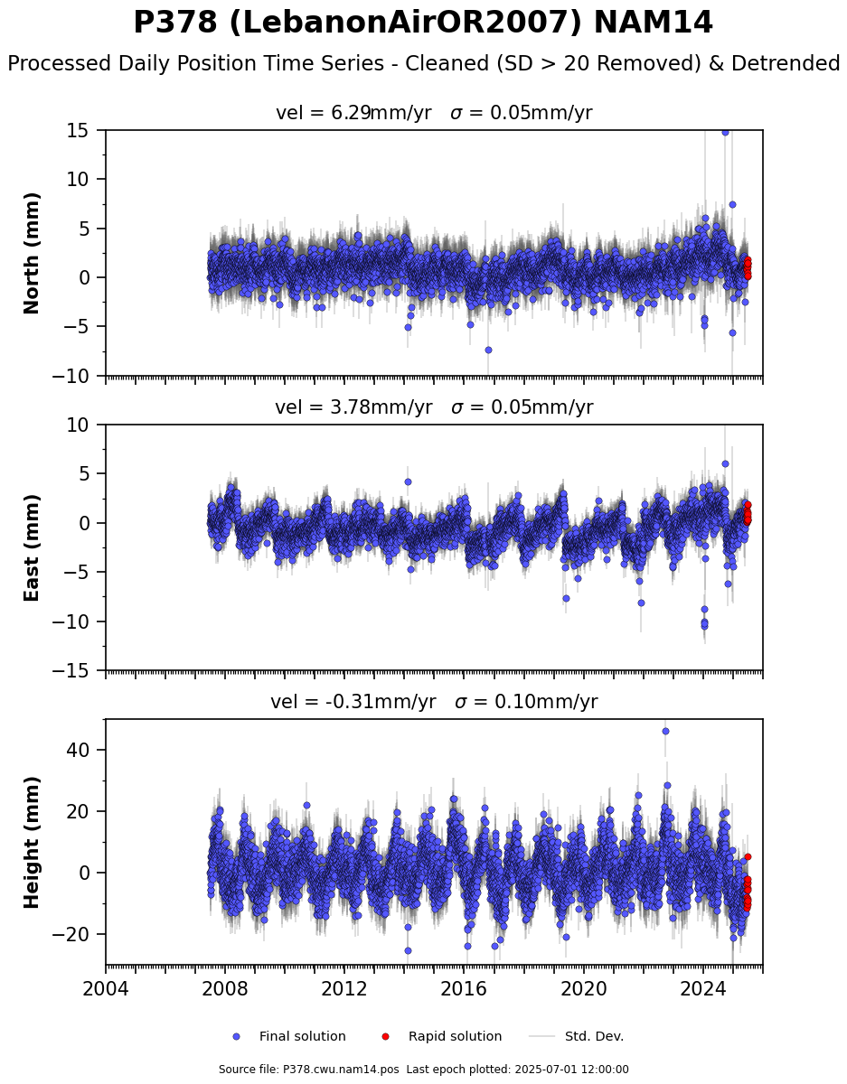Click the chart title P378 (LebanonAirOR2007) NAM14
[x=423, y=23]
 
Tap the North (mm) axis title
[x=32, y=253]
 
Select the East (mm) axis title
[x=32, y=547]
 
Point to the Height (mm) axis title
[x=32, y=842]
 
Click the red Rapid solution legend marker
[x=385, y=1036]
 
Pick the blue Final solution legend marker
[x=236, y=1036]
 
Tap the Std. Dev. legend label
[x=594, y=1036]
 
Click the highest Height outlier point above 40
[x=665, y=732]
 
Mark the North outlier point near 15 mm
[x=725, y=133]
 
